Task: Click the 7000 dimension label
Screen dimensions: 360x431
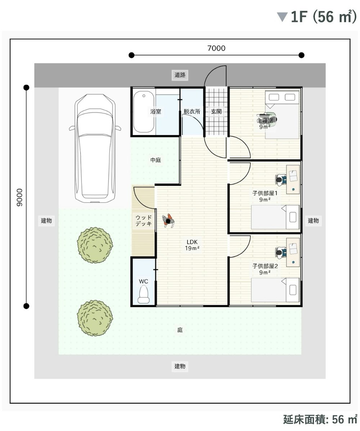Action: pyautogui.click(x=216, y=48)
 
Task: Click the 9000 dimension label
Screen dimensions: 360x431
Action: pyautogui.click(x=19, y=197)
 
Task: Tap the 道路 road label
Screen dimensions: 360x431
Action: pyautogui.click(x=180, y=75)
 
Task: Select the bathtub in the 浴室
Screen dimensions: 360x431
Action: pyautogui.click(x=143, y=112)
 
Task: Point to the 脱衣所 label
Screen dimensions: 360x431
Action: pyautogui.click(x=192, y=112)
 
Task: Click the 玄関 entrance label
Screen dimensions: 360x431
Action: pyautogui.click(x=216, y=112)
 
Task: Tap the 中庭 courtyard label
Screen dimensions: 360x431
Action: pyautogui.click(x=156, y=160)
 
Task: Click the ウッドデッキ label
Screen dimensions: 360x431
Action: pyautogui.click(x=143, y=221)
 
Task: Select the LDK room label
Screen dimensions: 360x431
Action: pyautogui.click(x=192, y=242)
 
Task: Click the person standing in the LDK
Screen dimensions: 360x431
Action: pyautogui.click(x=168, y=221)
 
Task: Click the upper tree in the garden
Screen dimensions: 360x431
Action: pyautogui.click(x=95, y=245)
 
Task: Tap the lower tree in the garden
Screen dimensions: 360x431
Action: pyautogui.click(x=95, y=318)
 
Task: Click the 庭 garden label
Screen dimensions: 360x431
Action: pyautogui.click(x=180, y=330)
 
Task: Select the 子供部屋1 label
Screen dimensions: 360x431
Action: pyautogui.click(x=265, y=193)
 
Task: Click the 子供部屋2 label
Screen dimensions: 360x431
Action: pyautogui.click(x=265, y=266)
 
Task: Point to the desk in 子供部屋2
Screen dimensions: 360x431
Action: pyautogui.click(x=293, y=252)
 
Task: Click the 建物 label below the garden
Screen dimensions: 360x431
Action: pyautogui.click(x=180, y=366)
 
